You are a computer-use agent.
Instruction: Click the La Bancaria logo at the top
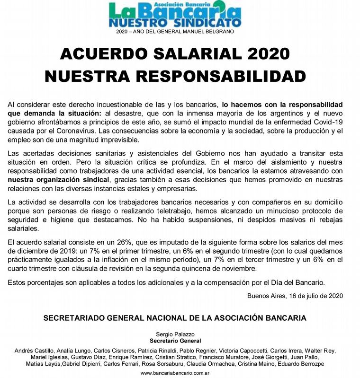(175, 14)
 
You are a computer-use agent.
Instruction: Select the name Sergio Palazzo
(175, 334)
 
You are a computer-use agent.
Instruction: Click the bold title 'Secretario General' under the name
(175, 341)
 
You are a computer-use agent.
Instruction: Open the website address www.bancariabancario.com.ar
(175, 373)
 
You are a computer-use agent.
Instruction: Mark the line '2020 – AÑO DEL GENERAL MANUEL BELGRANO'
(175, 32)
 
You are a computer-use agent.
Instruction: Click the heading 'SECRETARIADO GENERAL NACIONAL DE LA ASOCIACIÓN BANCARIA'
(175, 318)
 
